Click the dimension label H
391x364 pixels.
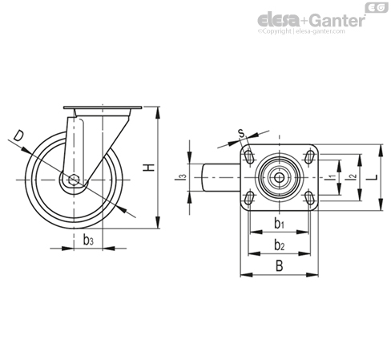(x=149, y=168)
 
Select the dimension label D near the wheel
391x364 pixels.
(x=19, y=135)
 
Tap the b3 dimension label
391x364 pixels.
(x=88, y=241)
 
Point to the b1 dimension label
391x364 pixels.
(x=280, y=224)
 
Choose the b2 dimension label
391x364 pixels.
(x=280, y=245)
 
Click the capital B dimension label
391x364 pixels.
(x=279, y=266)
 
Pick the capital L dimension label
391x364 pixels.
(x=373, y=177)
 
